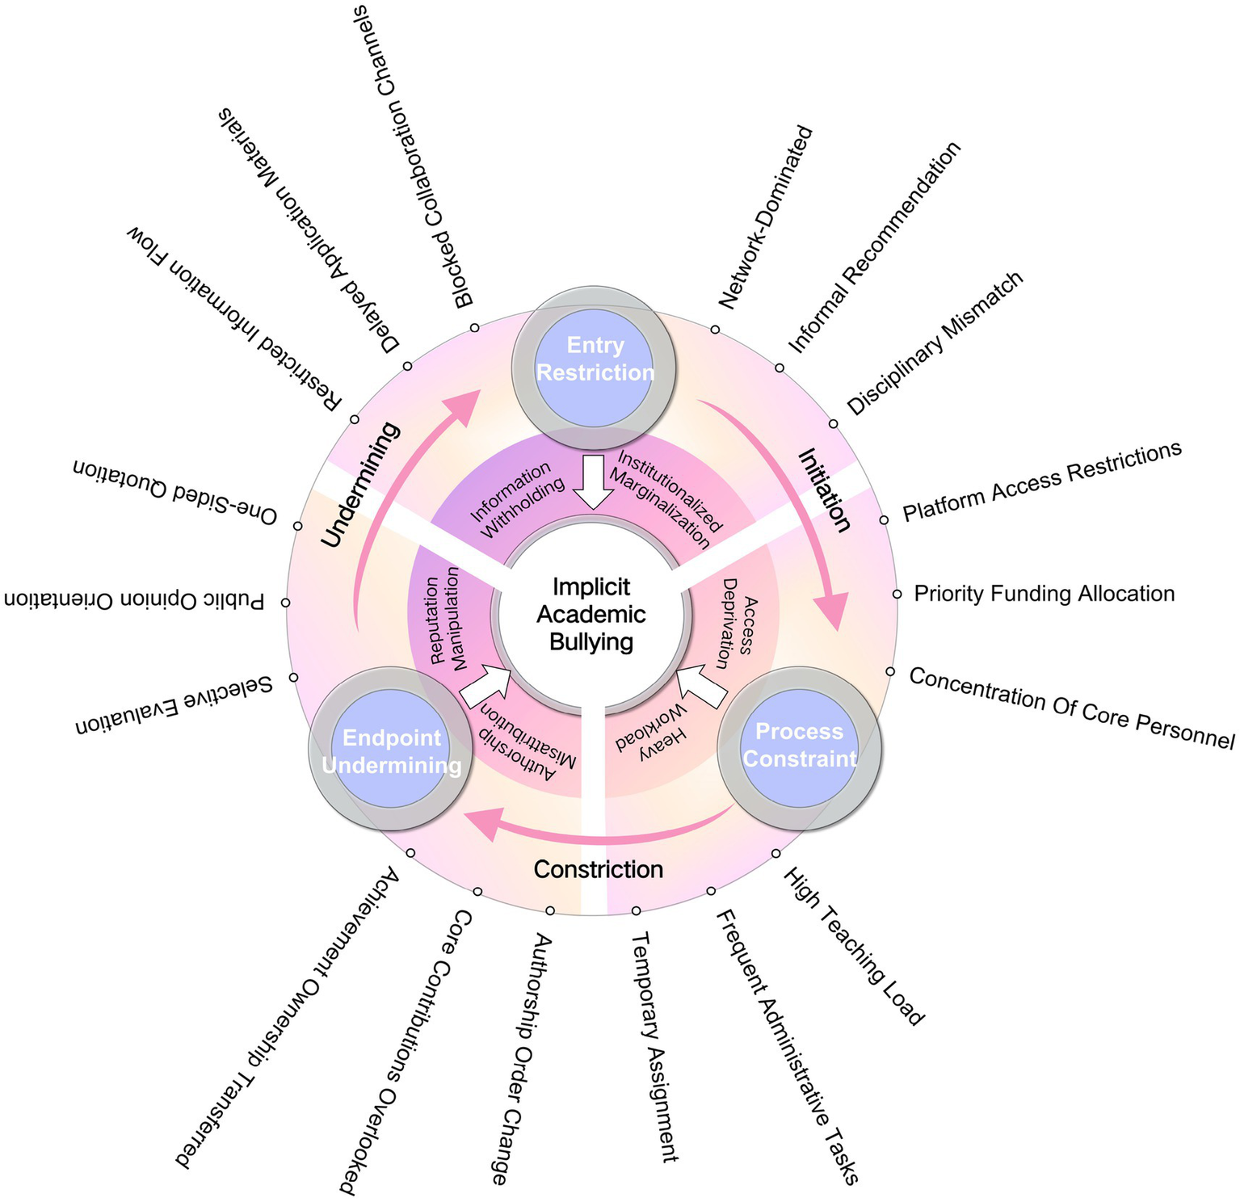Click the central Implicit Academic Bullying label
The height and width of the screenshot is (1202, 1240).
point(591,615)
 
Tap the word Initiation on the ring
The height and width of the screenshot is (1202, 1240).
point(824,491)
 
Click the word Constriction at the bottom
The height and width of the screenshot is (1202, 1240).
point(599,870)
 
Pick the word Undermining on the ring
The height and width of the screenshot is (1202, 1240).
point(361,485)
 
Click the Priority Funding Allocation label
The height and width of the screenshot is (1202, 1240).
point(1044,594)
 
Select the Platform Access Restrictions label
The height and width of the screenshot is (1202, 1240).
point(1042,482)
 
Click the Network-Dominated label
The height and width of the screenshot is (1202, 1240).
point(764,218)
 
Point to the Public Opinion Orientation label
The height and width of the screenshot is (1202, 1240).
point(134,600)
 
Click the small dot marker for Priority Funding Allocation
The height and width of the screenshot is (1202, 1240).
point(897,594)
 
